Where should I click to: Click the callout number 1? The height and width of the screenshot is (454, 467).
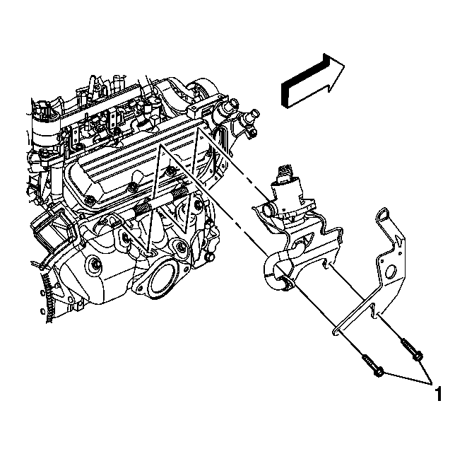[x=438, y=393]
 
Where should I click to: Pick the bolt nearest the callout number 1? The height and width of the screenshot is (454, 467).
[x=413, y=350]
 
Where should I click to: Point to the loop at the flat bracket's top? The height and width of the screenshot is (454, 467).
[x=383, y=214]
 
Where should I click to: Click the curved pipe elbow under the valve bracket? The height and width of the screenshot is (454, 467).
[x=273, y=269]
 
